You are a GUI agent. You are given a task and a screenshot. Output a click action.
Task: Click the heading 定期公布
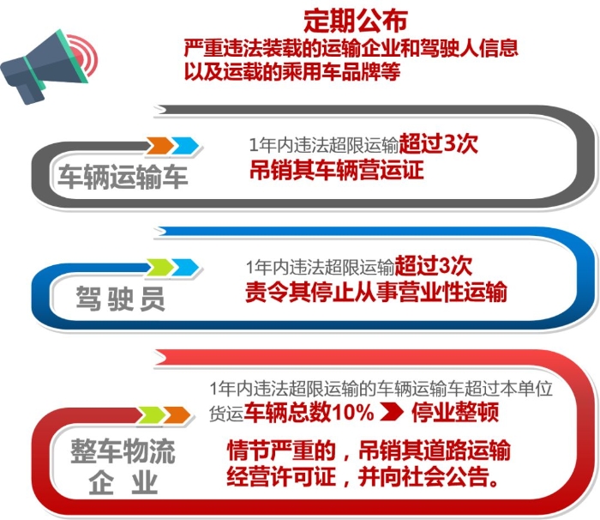click(x=355, y=21)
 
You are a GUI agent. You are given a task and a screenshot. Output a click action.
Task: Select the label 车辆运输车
click(x=123, y=177)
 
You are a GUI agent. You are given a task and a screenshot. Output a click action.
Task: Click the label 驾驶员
click(x=120, y=298)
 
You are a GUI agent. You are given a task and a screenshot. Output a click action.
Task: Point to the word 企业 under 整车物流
click(x=123, y=483)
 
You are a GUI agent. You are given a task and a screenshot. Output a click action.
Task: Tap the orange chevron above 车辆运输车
click(x=160, y=146)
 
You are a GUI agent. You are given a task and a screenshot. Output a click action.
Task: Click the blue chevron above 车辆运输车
click(x=186, y=146)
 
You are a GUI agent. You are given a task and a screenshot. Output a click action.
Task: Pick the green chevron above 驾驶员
click(x=160, y=268)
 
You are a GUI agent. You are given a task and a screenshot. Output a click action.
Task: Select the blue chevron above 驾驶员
click(x=186, y=268)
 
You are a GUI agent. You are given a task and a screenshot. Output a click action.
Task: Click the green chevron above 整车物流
click(x=152, y=415)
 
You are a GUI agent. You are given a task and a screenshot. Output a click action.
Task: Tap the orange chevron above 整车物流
click(x=177, y=415)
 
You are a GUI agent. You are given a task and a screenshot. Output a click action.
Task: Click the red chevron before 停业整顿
click(x=392, y=412)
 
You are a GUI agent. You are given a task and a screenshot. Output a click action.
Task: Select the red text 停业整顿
click(x=455, y=412)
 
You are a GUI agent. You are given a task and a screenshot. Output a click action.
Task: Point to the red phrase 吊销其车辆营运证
click(x=336, y=170)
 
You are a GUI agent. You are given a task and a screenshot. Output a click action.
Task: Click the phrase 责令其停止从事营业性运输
click(x=375, y=293)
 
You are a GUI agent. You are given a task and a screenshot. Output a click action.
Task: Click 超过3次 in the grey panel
click(x=439, y=144)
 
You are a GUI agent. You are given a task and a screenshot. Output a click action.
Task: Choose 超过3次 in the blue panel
click(x=434, y=266)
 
